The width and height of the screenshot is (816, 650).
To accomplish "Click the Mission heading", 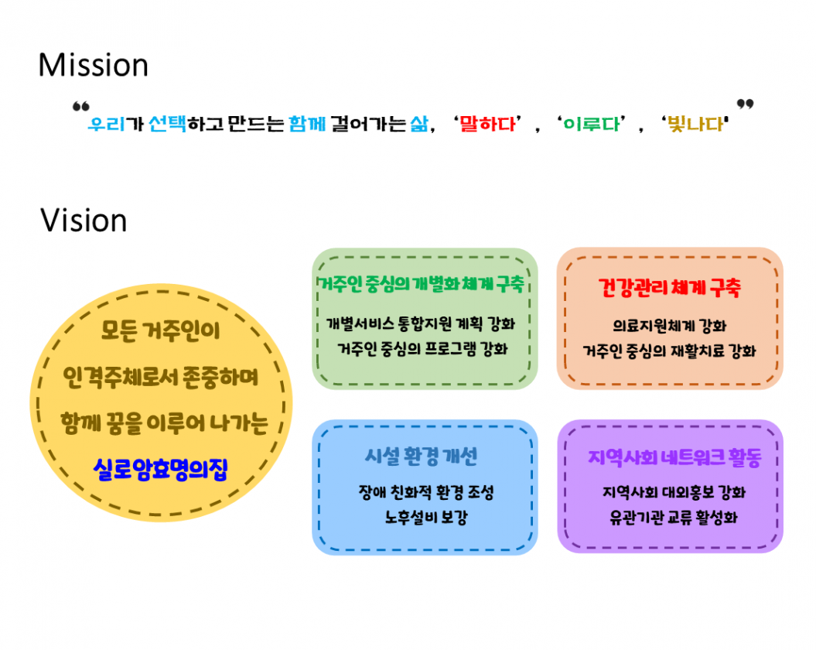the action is coord(94,65).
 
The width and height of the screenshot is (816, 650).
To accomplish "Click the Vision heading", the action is coord(84,221).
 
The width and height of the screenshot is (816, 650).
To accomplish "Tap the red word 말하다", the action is coord(487,124).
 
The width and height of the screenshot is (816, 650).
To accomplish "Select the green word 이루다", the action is coord(592,124).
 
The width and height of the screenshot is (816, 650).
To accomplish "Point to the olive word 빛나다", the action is coord(696,124).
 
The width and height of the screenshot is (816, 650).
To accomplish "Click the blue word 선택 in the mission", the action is coord(168,124).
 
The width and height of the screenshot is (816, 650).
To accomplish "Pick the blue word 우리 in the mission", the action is coord(107,124).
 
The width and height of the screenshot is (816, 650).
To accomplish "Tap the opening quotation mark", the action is coord(81,107).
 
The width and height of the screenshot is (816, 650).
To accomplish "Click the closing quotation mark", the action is coord(745,104).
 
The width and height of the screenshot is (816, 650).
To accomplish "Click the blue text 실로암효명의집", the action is coord(161,469).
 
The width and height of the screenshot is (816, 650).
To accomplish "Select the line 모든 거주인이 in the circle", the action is coord(161,330).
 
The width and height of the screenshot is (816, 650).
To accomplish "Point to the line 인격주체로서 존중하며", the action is coord(161,377).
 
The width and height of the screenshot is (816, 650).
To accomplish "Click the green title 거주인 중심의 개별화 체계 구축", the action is coord(421,285).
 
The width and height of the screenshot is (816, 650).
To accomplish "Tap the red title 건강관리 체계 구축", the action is coord(670,288).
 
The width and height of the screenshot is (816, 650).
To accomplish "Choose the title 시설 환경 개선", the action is coord(421,457).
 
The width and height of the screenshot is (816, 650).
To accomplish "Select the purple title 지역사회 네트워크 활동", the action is coord(675,457).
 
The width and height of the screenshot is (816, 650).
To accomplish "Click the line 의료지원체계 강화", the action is coord(670,326).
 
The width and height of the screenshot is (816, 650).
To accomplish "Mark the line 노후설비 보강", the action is coord(426,517).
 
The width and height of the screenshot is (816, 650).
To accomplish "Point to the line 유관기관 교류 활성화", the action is coord(674,517).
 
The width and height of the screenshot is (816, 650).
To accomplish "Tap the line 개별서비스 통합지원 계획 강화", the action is coord(421,323).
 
